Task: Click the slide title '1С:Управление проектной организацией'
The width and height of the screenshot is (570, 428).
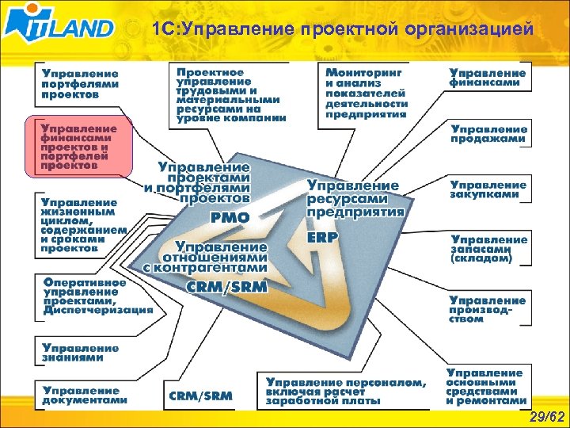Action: click(338, 29)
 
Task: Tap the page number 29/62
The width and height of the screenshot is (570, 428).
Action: click(547, 417)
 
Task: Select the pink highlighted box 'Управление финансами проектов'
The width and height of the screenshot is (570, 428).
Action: click(79, 147)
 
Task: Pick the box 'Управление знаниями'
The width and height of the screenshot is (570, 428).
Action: click(80, 353)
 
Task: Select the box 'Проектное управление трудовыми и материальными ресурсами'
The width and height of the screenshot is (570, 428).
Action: click(230, 94)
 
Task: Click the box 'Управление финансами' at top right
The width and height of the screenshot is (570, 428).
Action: click(488, 77)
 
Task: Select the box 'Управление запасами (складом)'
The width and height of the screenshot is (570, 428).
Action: click(488, 248)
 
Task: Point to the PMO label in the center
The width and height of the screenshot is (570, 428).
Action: click(229, 217)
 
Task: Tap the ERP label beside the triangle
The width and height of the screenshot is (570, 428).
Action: click(322, 237)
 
